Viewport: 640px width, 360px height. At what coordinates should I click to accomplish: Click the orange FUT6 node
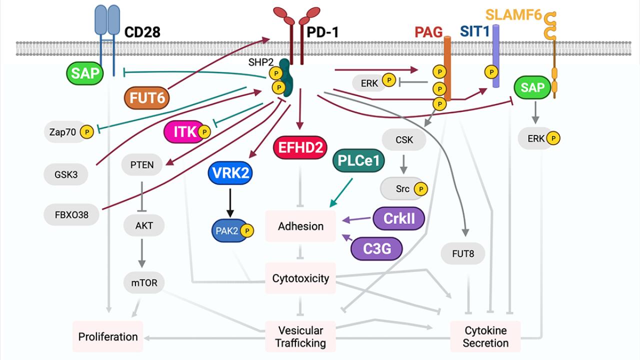click(x=147, y=98)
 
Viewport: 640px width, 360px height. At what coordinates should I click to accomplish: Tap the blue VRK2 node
click(x=230, y=173)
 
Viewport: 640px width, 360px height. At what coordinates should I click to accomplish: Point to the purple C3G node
click(x=377, y=248)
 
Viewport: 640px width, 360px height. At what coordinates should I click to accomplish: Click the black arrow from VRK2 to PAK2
click(x=230, y=202)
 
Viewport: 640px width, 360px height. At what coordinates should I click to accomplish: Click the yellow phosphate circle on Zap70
click(x=87, y=132)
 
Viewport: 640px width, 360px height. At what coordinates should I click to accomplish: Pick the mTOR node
click(x=144, y=283)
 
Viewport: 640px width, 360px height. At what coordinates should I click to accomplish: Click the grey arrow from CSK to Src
click(x=404, y=163)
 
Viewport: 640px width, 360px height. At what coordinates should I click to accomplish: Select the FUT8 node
click(x=463, y=254)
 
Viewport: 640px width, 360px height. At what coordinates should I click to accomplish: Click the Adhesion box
click(x=300, y=226)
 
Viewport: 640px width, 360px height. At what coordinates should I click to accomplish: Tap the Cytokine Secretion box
click(x=485, y=337)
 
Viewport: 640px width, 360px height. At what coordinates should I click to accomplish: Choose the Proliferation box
click(x=107, y=336)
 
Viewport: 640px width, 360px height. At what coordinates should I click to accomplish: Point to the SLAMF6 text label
click(x=513, y=15)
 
